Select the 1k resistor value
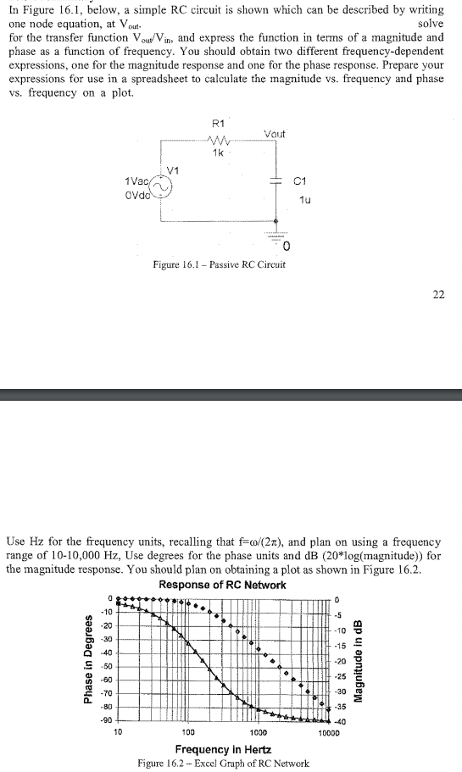pyautogui.click(x=219, y=154)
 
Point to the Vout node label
pyautogui.click(x=276, y=134)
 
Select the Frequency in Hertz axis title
pyautogui.click(x=223, y=749)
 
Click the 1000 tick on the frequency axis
pyautogui.click(x=259, y=732)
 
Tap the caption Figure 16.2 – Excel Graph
pyautogui.click(x=223, y=763)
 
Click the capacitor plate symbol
pyautogui.click(x=276, y=181)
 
